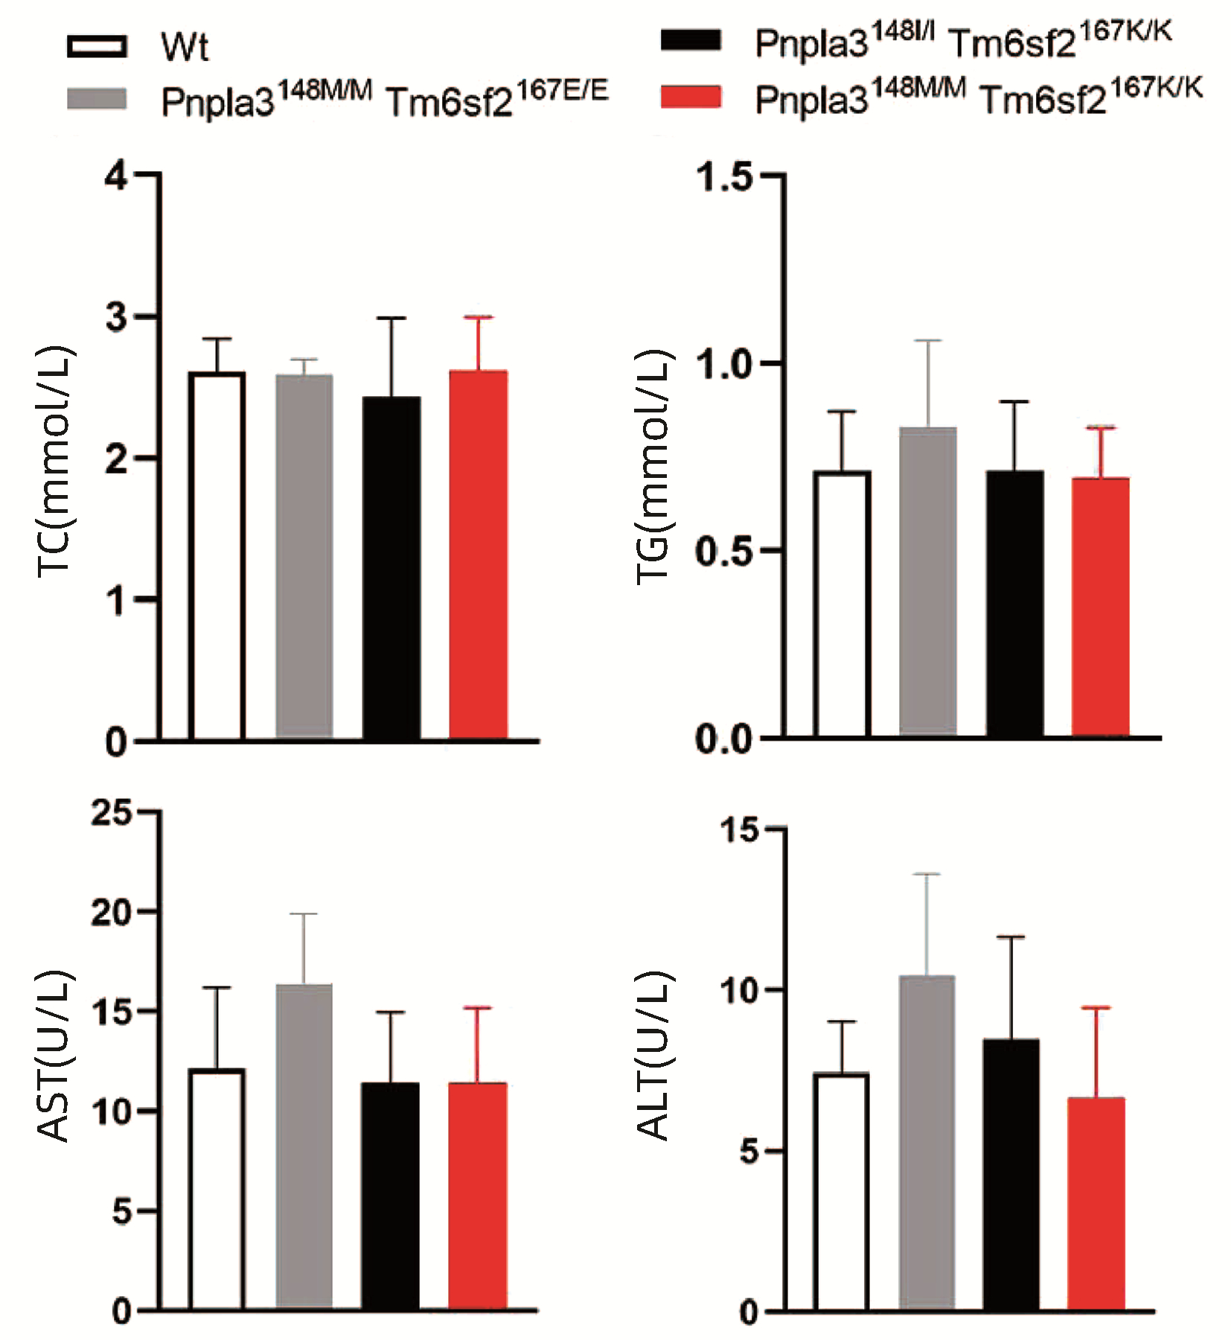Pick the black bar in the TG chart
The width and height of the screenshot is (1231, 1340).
point(1014,603)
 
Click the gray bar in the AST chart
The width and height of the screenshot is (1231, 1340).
point(304,1146)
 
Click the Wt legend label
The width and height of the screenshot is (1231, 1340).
point(185,48)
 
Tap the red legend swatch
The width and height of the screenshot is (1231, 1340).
point(691,98)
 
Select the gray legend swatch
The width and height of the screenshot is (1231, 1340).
point(97,99)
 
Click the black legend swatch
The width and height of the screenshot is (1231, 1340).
point(691,40)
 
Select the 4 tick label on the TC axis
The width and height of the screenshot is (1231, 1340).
point(117,176)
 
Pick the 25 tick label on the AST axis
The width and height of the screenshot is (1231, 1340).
point(112,813)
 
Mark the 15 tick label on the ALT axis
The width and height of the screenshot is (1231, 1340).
point(739,830)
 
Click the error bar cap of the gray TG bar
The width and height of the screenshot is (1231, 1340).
point(928,341)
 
